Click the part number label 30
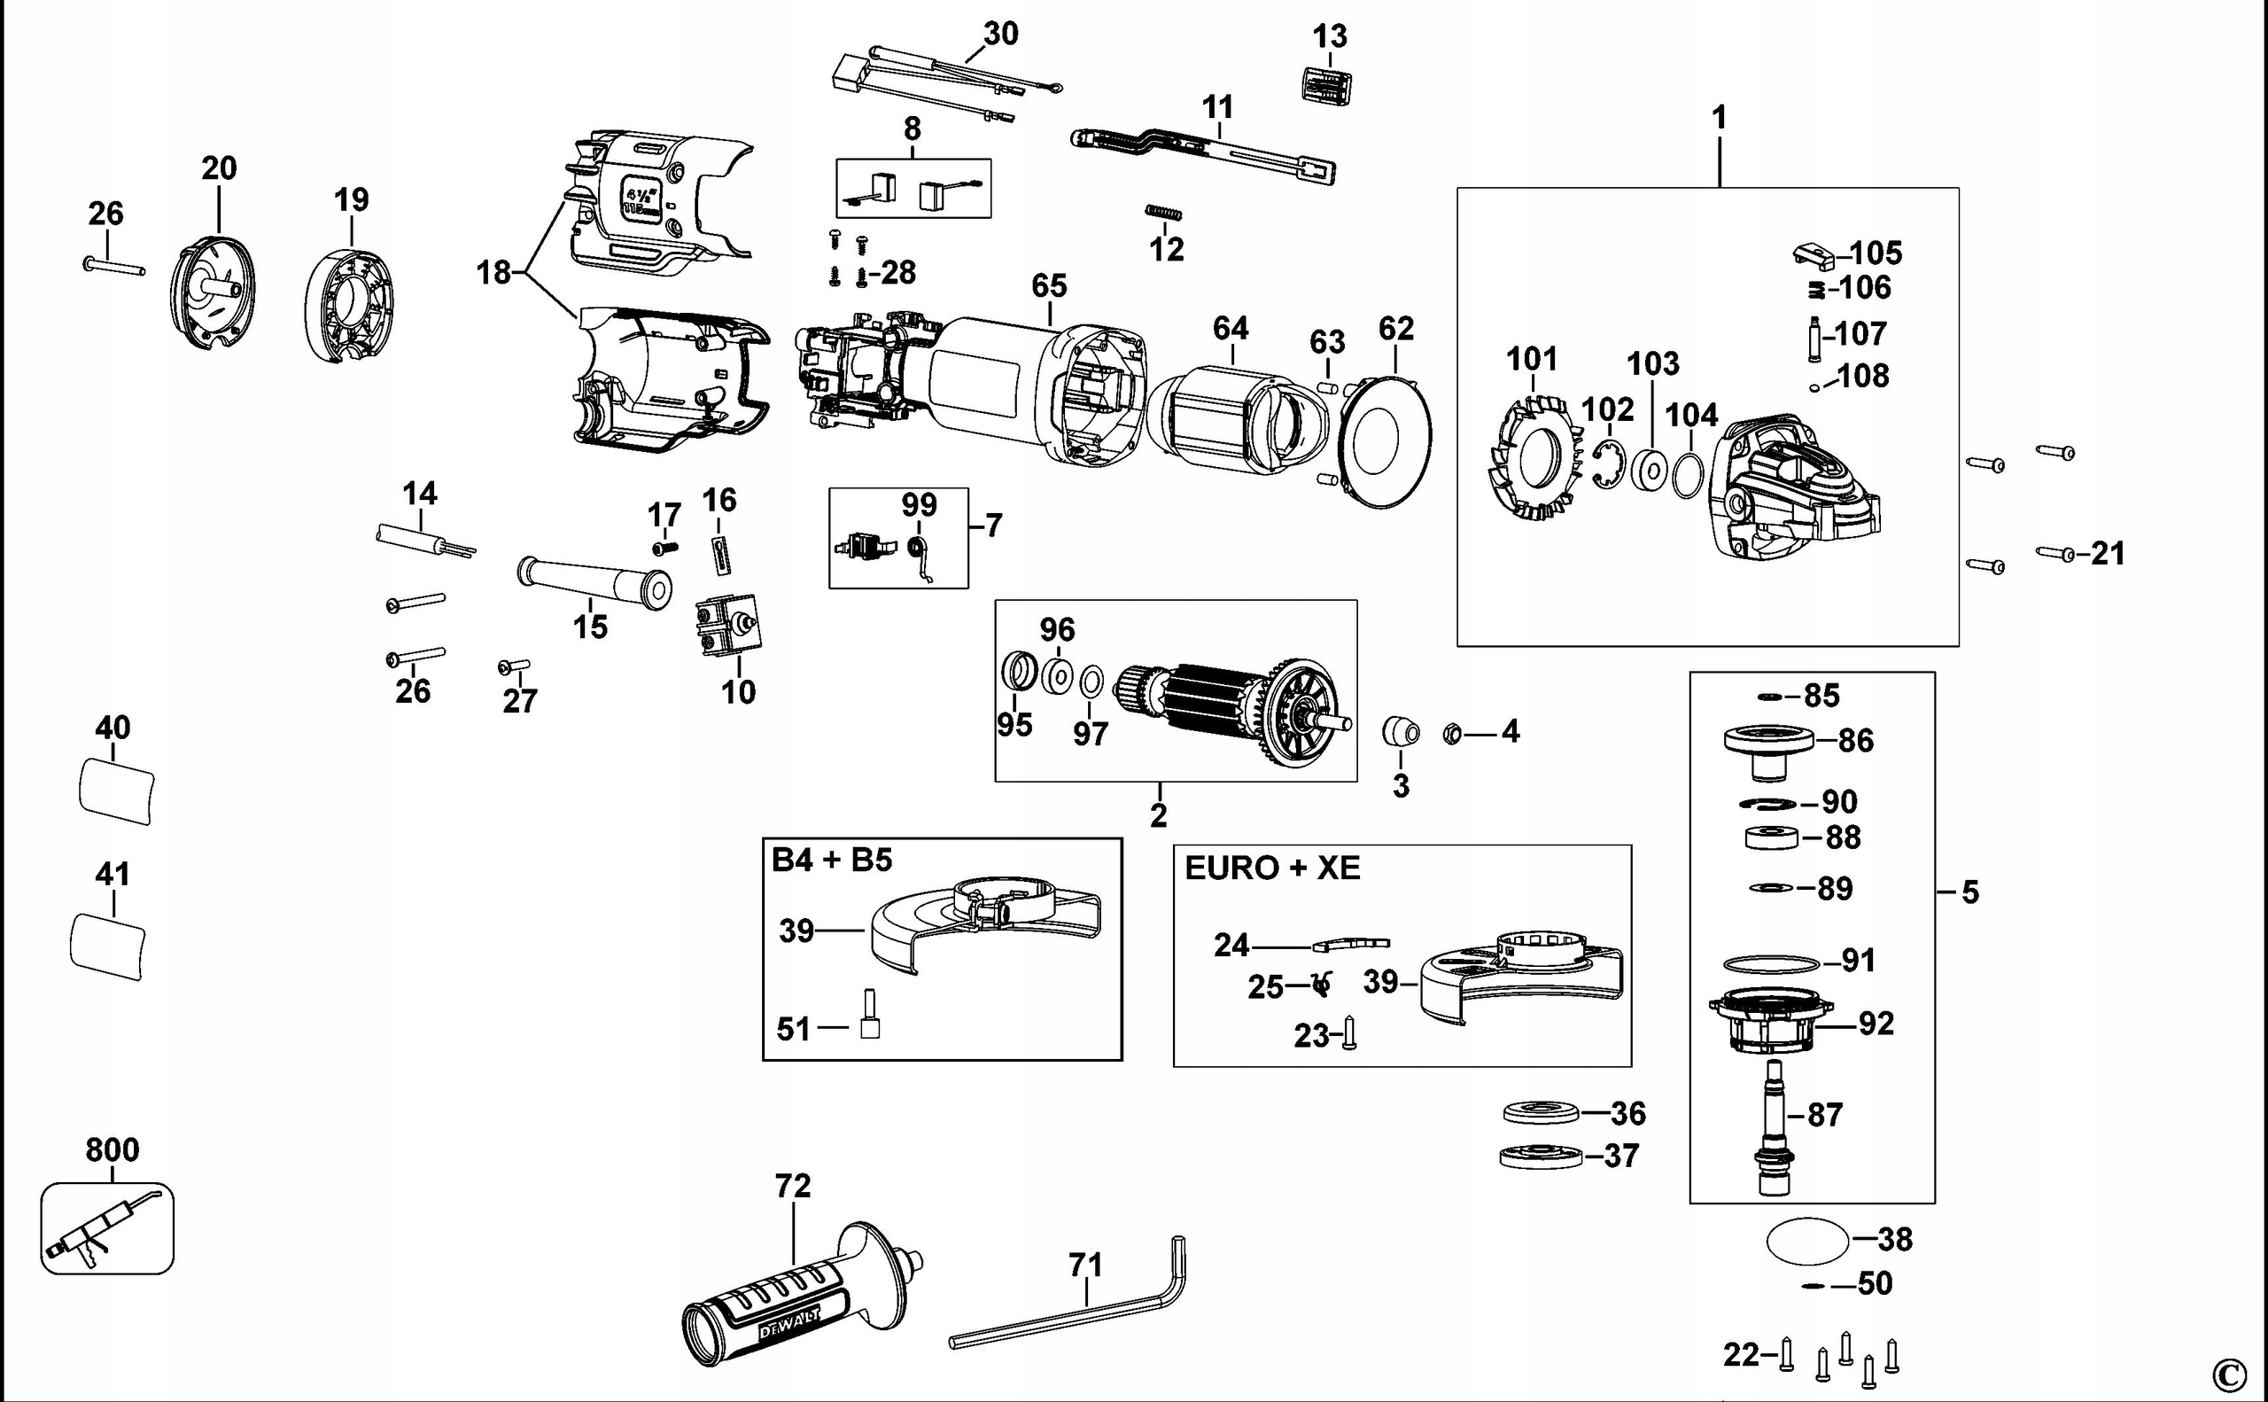pyautogui.click(x=1000, y=35)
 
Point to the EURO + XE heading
pyautogui.click(x=1271, y=868)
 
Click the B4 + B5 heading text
pyautogui.click(x=831, y=860)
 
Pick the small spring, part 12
pyautogui.click(x=1163, y=213)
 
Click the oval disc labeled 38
pyautogui.click(x=1807, y=1241)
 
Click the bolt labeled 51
pyautogui.click(x=869, y=1016)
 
